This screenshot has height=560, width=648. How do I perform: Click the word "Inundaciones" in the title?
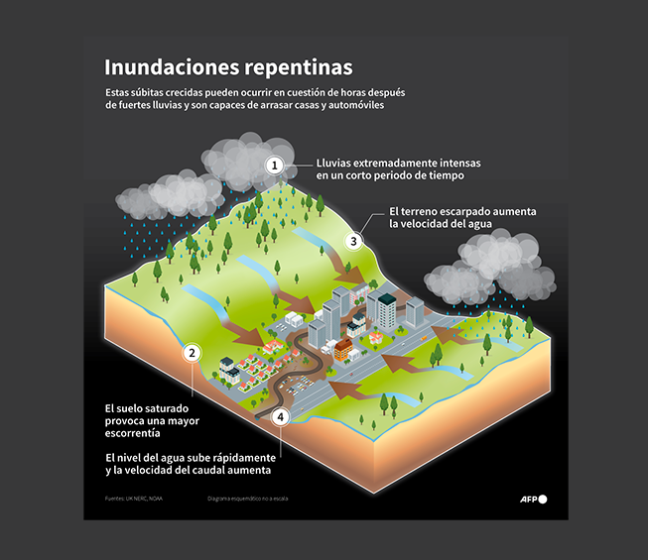pyautogui.click(x=165, y=67)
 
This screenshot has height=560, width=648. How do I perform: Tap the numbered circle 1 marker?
pyautogui.click(x=276, y=166)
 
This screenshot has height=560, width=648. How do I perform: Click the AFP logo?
pyautogui.click(x=533, y=498)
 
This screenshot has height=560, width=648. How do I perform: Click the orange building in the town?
pyautogui.click(x=342, y=350)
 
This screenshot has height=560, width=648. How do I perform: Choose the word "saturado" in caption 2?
pyautogui.click(x=172, y=408)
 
